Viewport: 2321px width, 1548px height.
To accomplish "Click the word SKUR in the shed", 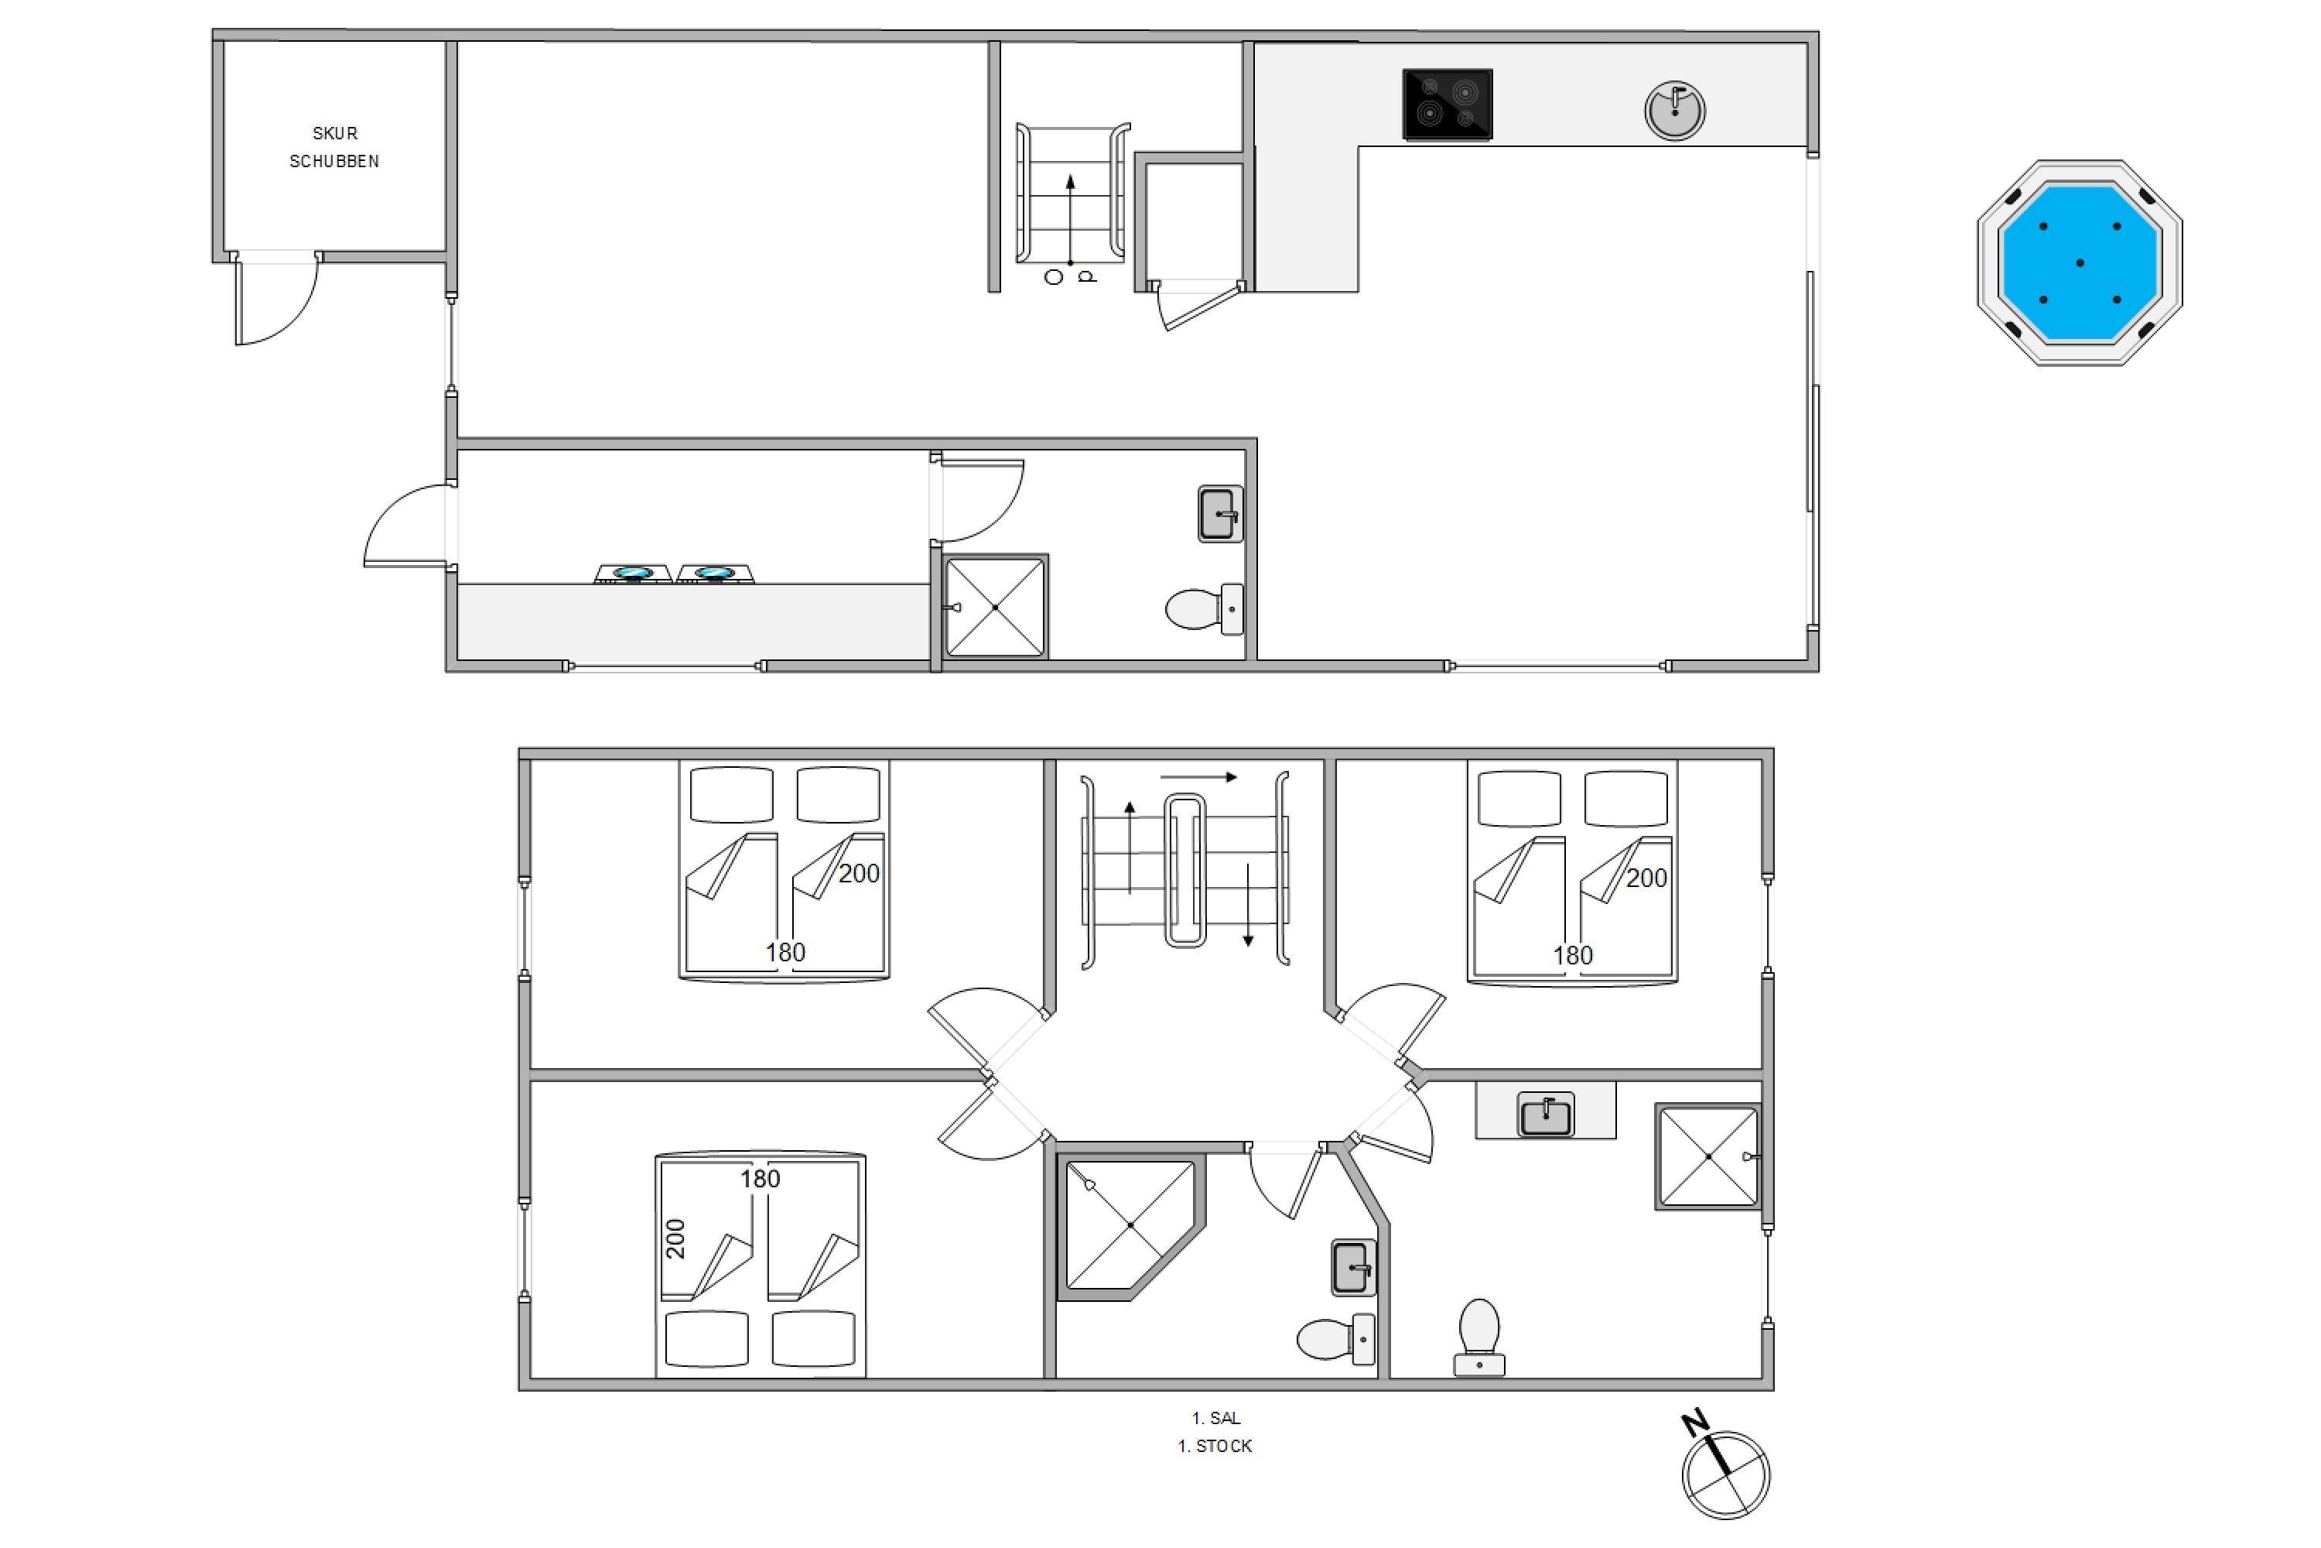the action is [334, 133].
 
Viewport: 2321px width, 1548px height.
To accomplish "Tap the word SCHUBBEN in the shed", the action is [334, 161].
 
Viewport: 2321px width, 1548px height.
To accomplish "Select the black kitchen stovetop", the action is [1447, 104].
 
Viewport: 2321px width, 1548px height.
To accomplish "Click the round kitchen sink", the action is [1675, 111].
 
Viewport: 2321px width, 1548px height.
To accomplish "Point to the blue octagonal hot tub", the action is [2080, 262].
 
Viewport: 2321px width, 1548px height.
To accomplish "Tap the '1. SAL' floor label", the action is [1215, 1418].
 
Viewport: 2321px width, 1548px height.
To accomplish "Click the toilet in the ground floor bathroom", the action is [1204, 608].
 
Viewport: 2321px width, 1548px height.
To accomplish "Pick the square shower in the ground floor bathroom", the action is [995, 607].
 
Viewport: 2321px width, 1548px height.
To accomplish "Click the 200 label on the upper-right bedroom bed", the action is [1646, 878].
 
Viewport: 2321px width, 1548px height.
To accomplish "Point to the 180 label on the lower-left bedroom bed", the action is [760, 1179].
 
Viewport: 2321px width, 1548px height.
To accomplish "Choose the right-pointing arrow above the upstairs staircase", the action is [1198, 777].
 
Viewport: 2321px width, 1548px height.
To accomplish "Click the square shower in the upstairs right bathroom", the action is [1709, 1156].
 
